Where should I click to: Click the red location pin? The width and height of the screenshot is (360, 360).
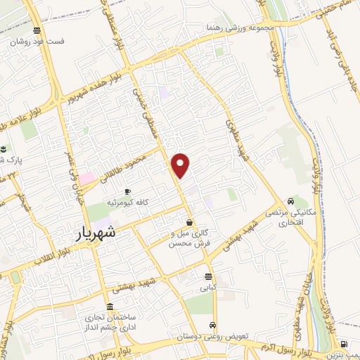coord(181,165)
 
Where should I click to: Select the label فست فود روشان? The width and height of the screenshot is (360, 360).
coord(37,41)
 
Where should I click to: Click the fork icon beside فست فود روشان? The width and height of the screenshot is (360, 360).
coord(37,31)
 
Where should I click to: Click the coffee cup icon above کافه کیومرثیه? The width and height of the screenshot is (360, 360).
coord(127,191)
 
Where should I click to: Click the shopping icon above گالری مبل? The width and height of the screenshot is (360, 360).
coord(191,222)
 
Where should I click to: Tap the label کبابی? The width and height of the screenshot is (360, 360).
coord(209,287)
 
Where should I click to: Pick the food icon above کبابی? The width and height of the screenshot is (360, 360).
coord(208,276)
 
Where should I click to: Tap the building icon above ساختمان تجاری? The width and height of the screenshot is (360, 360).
coord(109,307)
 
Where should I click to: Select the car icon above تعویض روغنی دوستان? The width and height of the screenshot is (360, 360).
coord(212,326)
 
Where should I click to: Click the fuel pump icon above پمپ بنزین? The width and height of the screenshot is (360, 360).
coord(343,344)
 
